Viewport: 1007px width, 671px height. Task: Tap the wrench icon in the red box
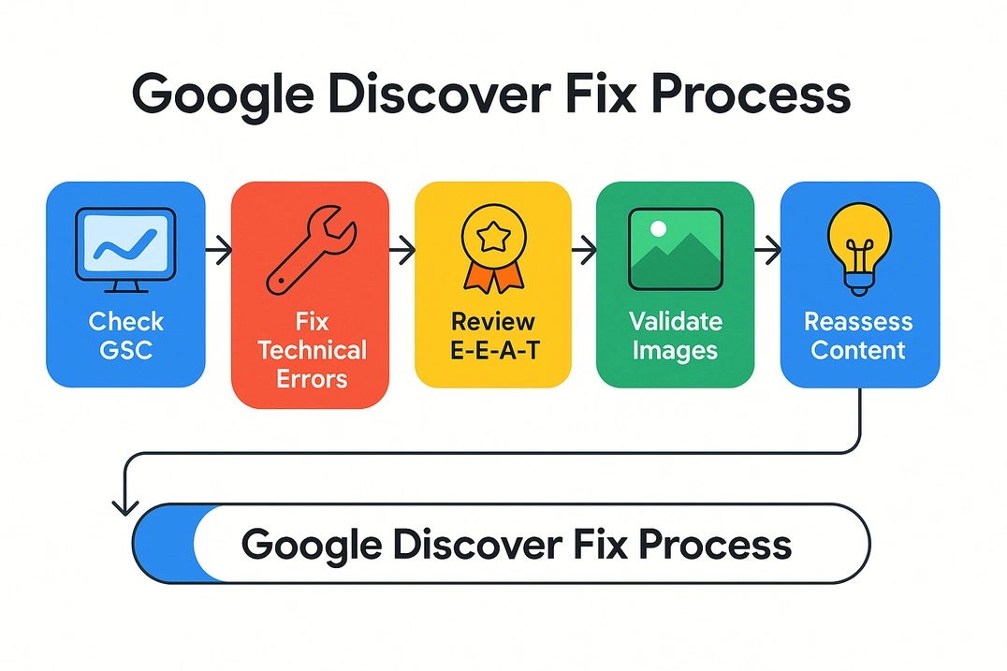[x=309, y=249]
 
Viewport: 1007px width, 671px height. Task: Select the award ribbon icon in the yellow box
[x=492, y=249]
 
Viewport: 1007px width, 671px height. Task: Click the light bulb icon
[x=859, y=247]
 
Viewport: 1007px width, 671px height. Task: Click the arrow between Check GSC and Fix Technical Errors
[x=218, y=250]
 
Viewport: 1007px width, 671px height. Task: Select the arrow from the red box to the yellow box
[x=401, y=250]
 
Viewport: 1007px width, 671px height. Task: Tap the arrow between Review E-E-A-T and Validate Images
[x=584, y=250]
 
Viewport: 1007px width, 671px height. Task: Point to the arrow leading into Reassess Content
[x=767, y=250]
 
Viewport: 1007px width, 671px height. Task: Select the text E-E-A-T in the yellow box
[x=492, y=351]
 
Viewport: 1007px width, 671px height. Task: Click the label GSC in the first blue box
[x=125, y=351]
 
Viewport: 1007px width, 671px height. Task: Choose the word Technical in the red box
[x=312, y=351]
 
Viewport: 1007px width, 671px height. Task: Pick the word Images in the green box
[x=675, y=351]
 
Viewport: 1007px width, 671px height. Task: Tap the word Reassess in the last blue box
[x=858, y=322]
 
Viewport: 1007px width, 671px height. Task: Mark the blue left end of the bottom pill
[x=164, y=544]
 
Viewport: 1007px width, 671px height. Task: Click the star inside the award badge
[x=492, y=238]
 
